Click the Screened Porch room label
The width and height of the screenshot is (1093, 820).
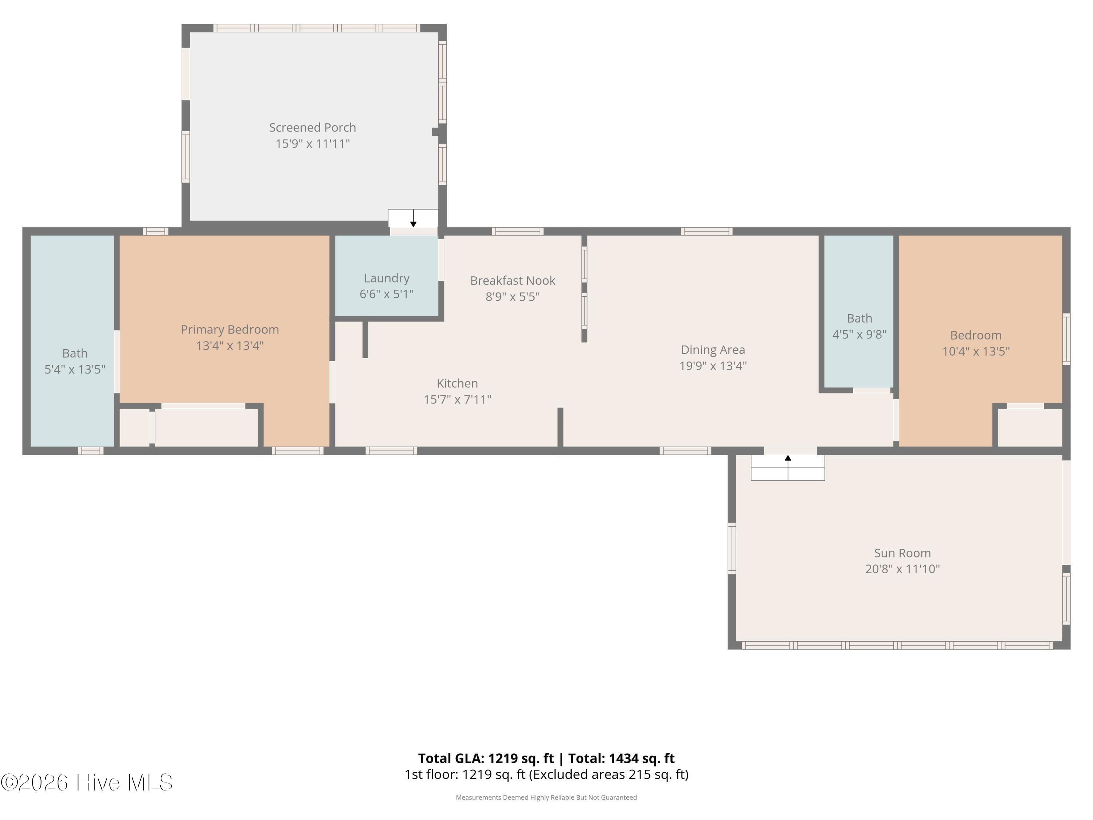[x=312, y=128]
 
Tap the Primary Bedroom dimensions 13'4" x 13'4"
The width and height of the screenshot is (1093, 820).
[x=230, y=345]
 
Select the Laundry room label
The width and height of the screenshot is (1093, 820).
[x=387, y=278]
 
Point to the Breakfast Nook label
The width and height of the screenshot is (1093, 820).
[x=512, y=281]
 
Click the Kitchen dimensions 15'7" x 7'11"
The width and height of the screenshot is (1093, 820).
[x=457, y=399]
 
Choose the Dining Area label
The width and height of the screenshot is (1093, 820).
[x=713, y=350]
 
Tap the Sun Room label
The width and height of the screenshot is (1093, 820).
[x=902, y=553]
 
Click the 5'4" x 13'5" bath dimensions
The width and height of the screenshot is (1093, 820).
[x=75, y=369]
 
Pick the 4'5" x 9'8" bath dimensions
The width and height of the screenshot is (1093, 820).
[x=859, y=335]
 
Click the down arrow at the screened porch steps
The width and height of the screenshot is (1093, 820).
[x=414, y=218]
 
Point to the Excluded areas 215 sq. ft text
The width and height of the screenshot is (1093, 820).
[x=609, y=774]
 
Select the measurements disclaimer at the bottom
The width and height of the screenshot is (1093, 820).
[x=546, y=798]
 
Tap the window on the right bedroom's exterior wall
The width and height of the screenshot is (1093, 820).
[x=1066, y=339]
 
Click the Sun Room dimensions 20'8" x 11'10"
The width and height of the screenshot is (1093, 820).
[x=902, y=569]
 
